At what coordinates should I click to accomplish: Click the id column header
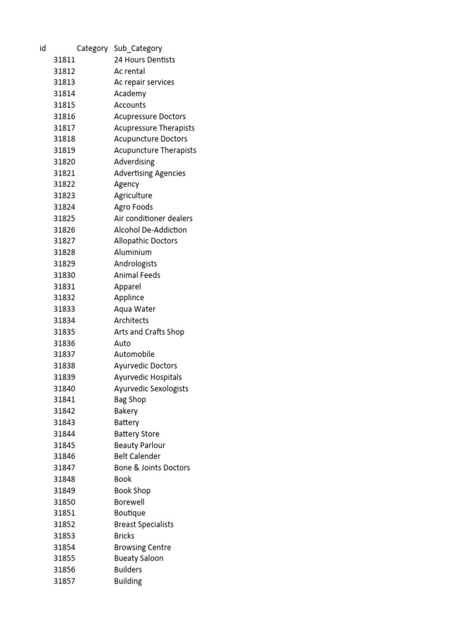point(42,48)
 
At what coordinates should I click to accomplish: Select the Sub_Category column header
point(138,48)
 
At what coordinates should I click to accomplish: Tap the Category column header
point(92,48)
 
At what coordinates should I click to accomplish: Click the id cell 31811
point(64,60)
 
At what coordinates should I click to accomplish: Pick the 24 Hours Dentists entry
point(144,60)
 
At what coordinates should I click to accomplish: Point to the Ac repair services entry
point(144,82)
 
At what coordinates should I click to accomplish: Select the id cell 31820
point(64,161)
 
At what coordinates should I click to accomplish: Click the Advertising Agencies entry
point(150,173)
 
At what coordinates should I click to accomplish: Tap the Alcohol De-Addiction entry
point(150,230)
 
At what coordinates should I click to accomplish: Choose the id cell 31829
point(64,264)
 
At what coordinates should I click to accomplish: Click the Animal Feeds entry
point(137,275)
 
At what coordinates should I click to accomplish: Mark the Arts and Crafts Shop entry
point(149,332)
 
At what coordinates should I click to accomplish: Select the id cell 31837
point(64,354)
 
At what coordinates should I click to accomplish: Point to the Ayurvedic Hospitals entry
point(148,377)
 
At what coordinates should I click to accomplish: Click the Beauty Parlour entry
point(140,445)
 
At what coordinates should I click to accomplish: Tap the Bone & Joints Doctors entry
point(152,468)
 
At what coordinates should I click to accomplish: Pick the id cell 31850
point(64,502)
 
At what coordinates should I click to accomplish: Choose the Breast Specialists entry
point(144,524)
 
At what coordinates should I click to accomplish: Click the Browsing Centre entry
point(142,547)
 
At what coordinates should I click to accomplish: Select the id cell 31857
point(64,581)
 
